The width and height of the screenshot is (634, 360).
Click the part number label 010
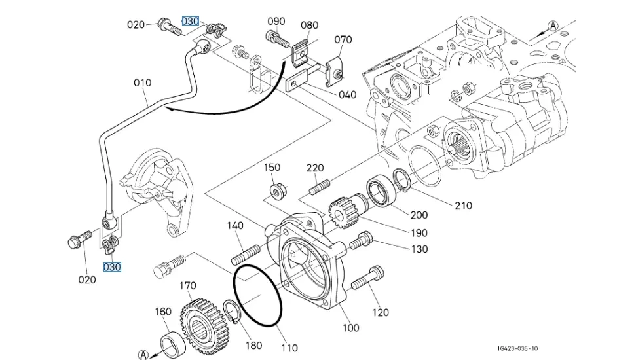click(142, 82)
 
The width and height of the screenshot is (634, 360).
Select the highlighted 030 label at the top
click(190, 21)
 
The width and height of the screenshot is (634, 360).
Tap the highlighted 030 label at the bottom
click(112, 267)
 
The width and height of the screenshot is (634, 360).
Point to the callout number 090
click(276, 21)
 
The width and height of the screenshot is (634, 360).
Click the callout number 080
click(309, 26)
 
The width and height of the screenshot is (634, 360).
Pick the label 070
click(343, 39)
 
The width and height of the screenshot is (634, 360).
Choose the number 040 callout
click(347, 94)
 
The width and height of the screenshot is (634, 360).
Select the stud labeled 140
click(248, 252)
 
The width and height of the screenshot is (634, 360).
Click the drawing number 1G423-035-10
click(517, 349)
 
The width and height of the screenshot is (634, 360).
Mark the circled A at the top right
click(552, 26)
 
